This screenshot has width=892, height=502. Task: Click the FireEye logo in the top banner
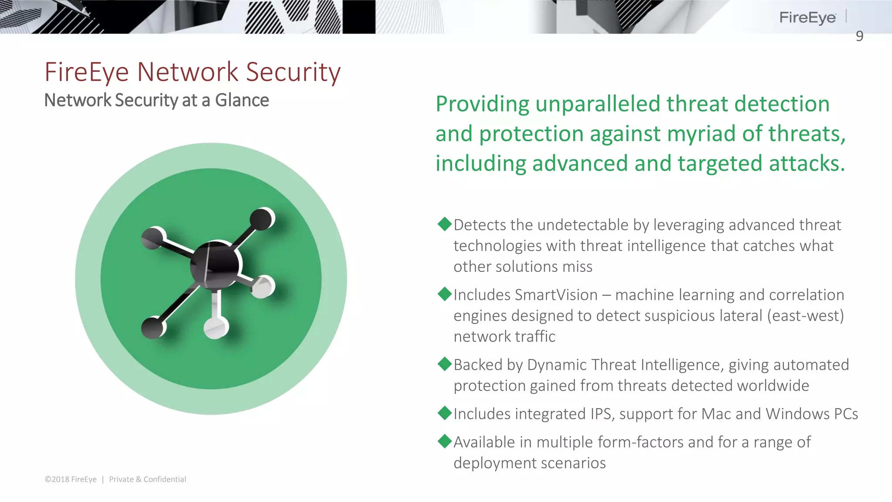coord(807,17)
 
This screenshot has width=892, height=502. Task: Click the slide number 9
coord(859,36)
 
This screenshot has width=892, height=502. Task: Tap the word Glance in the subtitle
coord(242,100)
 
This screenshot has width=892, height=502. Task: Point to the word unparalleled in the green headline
coord(598,104)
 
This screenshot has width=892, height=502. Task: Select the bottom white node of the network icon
coord(216,327)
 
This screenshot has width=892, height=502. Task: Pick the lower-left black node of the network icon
coord(153,328)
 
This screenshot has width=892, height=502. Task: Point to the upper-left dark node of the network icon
coord(153,238)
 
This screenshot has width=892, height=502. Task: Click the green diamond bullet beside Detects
coord(445,224)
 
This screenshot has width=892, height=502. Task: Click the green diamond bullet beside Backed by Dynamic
coord(445,364)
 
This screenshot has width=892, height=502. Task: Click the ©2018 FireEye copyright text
coord(71,479)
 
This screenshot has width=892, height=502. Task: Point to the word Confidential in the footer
coord(165,479)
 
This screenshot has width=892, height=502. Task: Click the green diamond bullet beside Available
coord(445,441)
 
